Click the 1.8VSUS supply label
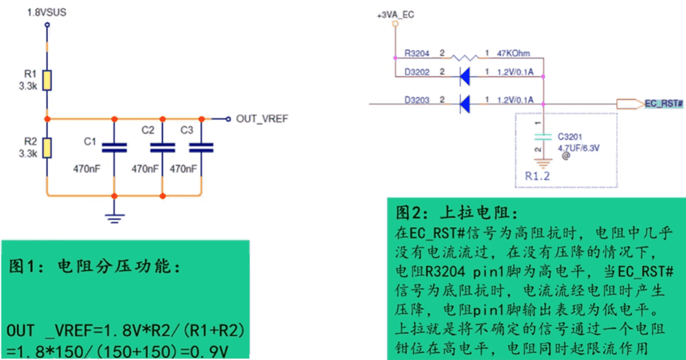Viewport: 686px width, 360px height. pyautogui.click(x=47, y=12)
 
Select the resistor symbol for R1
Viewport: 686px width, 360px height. pyautogui.click(x=47, y=80)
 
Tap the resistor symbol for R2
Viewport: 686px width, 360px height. pyautogui.click(x=47, y=147)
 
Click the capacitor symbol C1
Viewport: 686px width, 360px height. pyautogui.click(x=115, y=147)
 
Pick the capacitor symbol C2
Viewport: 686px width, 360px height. pyautogui.click(x=162, y=147)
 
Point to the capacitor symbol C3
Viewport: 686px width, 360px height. pyautogui.click(x=201, y=147)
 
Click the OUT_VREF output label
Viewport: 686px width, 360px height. pyautogui.click(x=261, y=119)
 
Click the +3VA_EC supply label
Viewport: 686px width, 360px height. pyautogui.click(x=396, y=14)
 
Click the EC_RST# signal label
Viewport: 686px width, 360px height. pyautogui.click(x=663, y=104)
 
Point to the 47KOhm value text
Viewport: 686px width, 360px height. pyautogui.click(x=513, y=53)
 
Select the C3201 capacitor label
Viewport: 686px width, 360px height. pyautogui.click(x=570, y=136)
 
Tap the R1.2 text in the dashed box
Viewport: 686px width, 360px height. pyautogui.click(x=538, y=176)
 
